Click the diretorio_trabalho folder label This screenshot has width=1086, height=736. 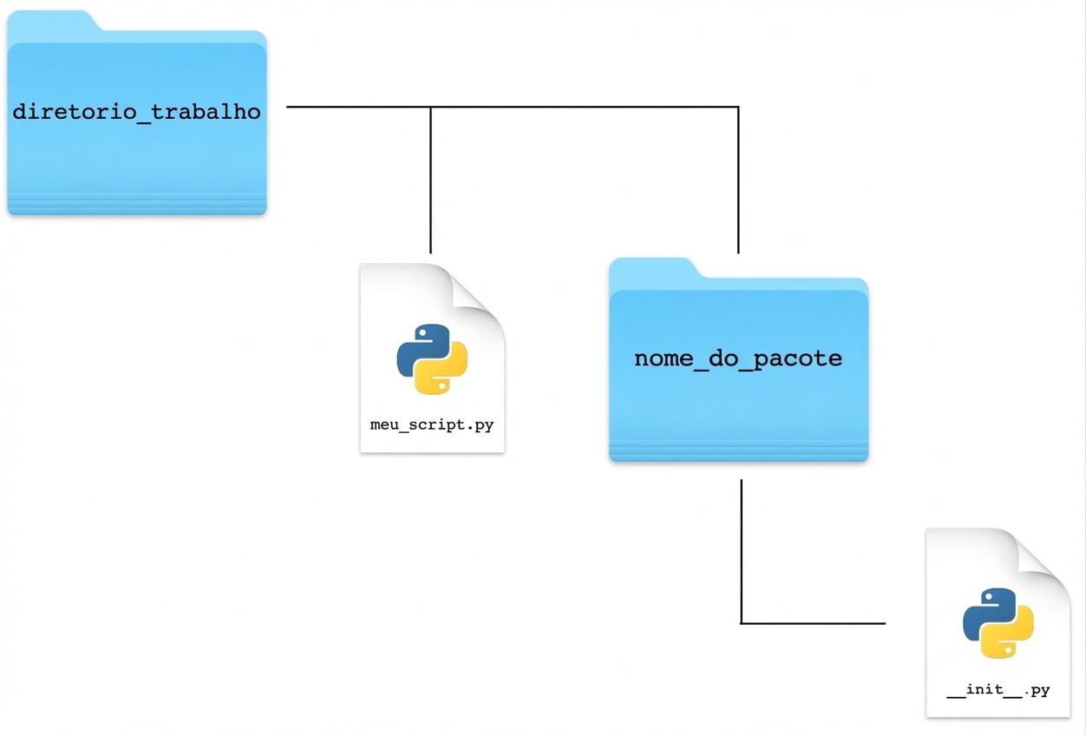[x=137, y=113]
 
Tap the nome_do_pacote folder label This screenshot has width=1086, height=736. [x=738, y=359]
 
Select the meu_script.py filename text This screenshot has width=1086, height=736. [x=432, y=425]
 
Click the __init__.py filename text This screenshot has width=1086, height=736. [x=998, y=689]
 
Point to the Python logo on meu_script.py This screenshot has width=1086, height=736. [x=432, y=359]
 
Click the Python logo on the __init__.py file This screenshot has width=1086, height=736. [x=998, y=623]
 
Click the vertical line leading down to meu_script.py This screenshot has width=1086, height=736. [x=430, y=180]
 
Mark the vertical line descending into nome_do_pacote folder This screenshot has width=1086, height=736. [x=738, y=180]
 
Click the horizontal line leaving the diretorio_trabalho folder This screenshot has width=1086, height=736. [x=513, y=107]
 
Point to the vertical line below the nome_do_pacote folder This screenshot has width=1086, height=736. [x=742, y=551]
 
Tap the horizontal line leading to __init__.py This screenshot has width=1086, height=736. [x=813, y=623]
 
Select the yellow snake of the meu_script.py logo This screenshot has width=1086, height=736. [x=442, y=370]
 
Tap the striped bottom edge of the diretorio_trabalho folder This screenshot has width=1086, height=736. [x=137, y=204]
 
